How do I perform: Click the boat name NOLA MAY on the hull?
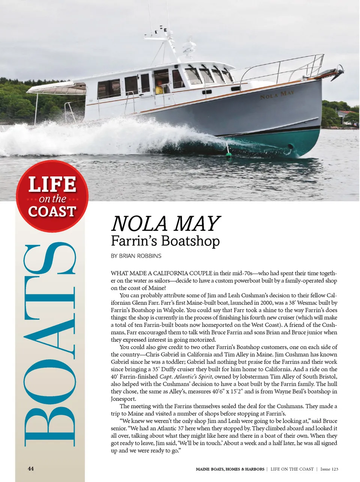(x=277, y=95)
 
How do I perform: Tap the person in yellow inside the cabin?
(x=159, y=88)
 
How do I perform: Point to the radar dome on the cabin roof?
(x=189, y=48)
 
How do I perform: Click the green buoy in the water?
(x=228, y=155)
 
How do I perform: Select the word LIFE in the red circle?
(x=52, y=185)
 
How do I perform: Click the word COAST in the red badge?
(x=52, y=211)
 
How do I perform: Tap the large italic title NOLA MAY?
(x=165, y=224)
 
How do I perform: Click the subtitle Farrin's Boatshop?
(x=165, y=241)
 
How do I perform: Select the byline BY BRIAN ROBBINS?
(x=136, y=256)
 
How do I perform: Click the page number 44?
(x=31, y=468)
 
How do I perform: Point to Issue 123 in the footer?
(x=329, y=469)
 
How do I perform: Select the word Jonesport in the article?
(x=123, y=399)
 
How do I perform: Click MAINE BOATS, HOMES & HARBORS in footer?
(x=230, y=469)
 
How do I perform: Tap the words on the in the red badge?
(x=52, y=199)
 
